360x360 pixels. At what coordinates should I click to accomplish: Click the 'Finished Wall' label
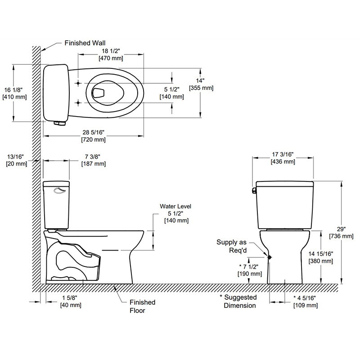(x=85, y=44)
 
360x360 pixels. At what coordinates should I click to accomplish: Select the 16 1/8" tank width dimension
(x=14, y=93)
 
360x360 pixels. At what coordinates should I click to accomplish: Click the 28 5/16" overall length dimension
(x=93, y=136)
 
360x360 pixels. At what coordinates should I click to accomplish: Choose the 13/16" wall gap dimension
(x=16, y=160)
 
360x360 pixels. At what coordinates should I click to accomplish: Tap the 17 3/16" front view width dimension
(x=283, y=157)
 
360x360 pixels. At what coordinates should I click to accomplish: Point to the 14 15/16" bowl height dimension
(x=320, y=257)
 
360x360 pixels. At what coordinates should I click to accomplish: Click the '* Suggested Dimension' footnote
(x=238, y=301)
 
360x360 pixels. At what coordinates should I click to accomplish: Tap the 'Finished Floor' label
(x=142, y=306)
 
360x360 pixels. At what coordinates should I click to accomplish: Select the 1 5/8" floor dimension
(x=71, y=301)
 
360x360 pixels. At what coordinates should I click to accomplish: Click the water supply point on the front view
(x=270, y=257)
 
